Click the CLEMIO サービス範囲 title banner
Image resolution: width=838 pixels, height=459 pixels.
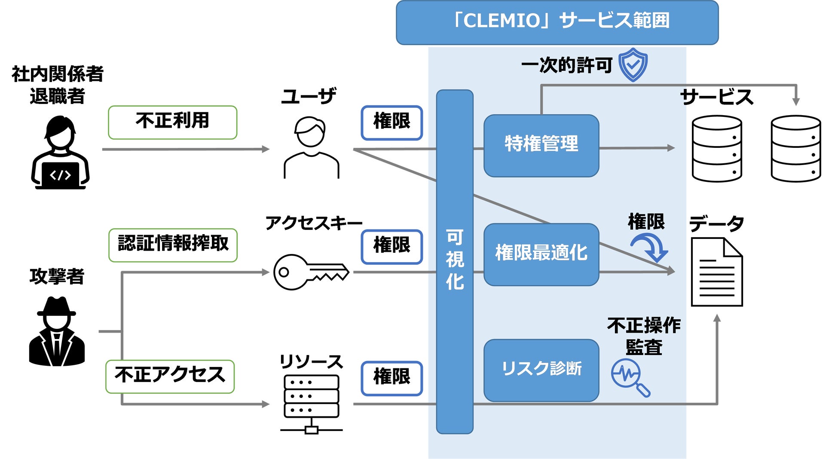557,22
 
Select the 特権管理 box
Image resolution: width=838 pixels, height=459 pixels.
541,145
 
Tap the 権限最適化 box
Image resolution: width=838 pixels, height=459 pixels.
541,254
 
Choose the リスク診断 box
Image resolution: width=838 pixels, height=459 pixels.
541,370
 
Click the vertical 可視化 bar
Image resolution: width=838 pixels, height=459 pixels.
454,261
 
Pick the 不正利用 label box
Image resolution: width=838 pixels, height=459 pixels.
172,122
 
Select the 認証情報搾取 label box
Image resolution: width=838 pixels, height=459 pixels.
173,245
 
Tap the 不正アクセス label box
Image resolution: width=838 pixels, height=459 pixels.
170,376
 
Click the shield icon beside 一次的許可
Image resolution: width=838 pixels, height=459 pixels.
633,65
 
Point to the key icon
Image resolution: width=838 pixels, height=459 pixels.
310,272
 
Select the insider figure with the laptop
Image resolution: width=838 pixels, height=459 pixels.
60,153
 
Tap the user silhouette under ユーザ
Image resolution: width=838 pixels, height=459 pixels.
311,147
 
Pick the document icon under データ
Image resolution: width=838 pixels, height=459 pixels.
716,272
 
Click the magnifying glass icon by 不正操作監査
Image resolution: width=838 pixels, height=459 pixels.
630,377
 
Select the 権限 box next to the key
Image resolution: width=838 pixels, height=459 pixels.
391,247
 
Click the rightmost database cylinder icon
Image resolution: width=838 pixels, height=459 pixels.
795,148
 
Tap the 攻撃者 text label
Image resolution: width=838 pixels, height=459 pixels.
57,276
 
